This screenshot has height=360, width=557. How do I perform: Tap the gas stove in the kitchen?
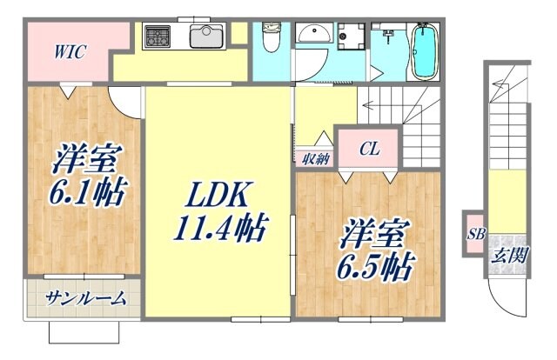pos(158,37)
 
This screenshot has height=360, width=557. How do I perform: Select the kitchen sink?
pos(205,37)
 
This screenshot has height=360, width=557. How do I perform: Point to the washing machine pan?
pos(352,37)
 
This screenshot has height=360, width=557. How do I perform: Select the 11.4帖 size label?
pos(219,229)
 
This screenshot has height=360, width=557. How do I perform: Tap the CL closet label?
pos(370,149)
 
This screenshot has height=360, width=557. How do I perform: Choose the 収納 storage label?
pos(316,157)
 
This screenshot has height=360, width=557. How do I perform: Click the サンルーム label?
pos(85,297)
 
